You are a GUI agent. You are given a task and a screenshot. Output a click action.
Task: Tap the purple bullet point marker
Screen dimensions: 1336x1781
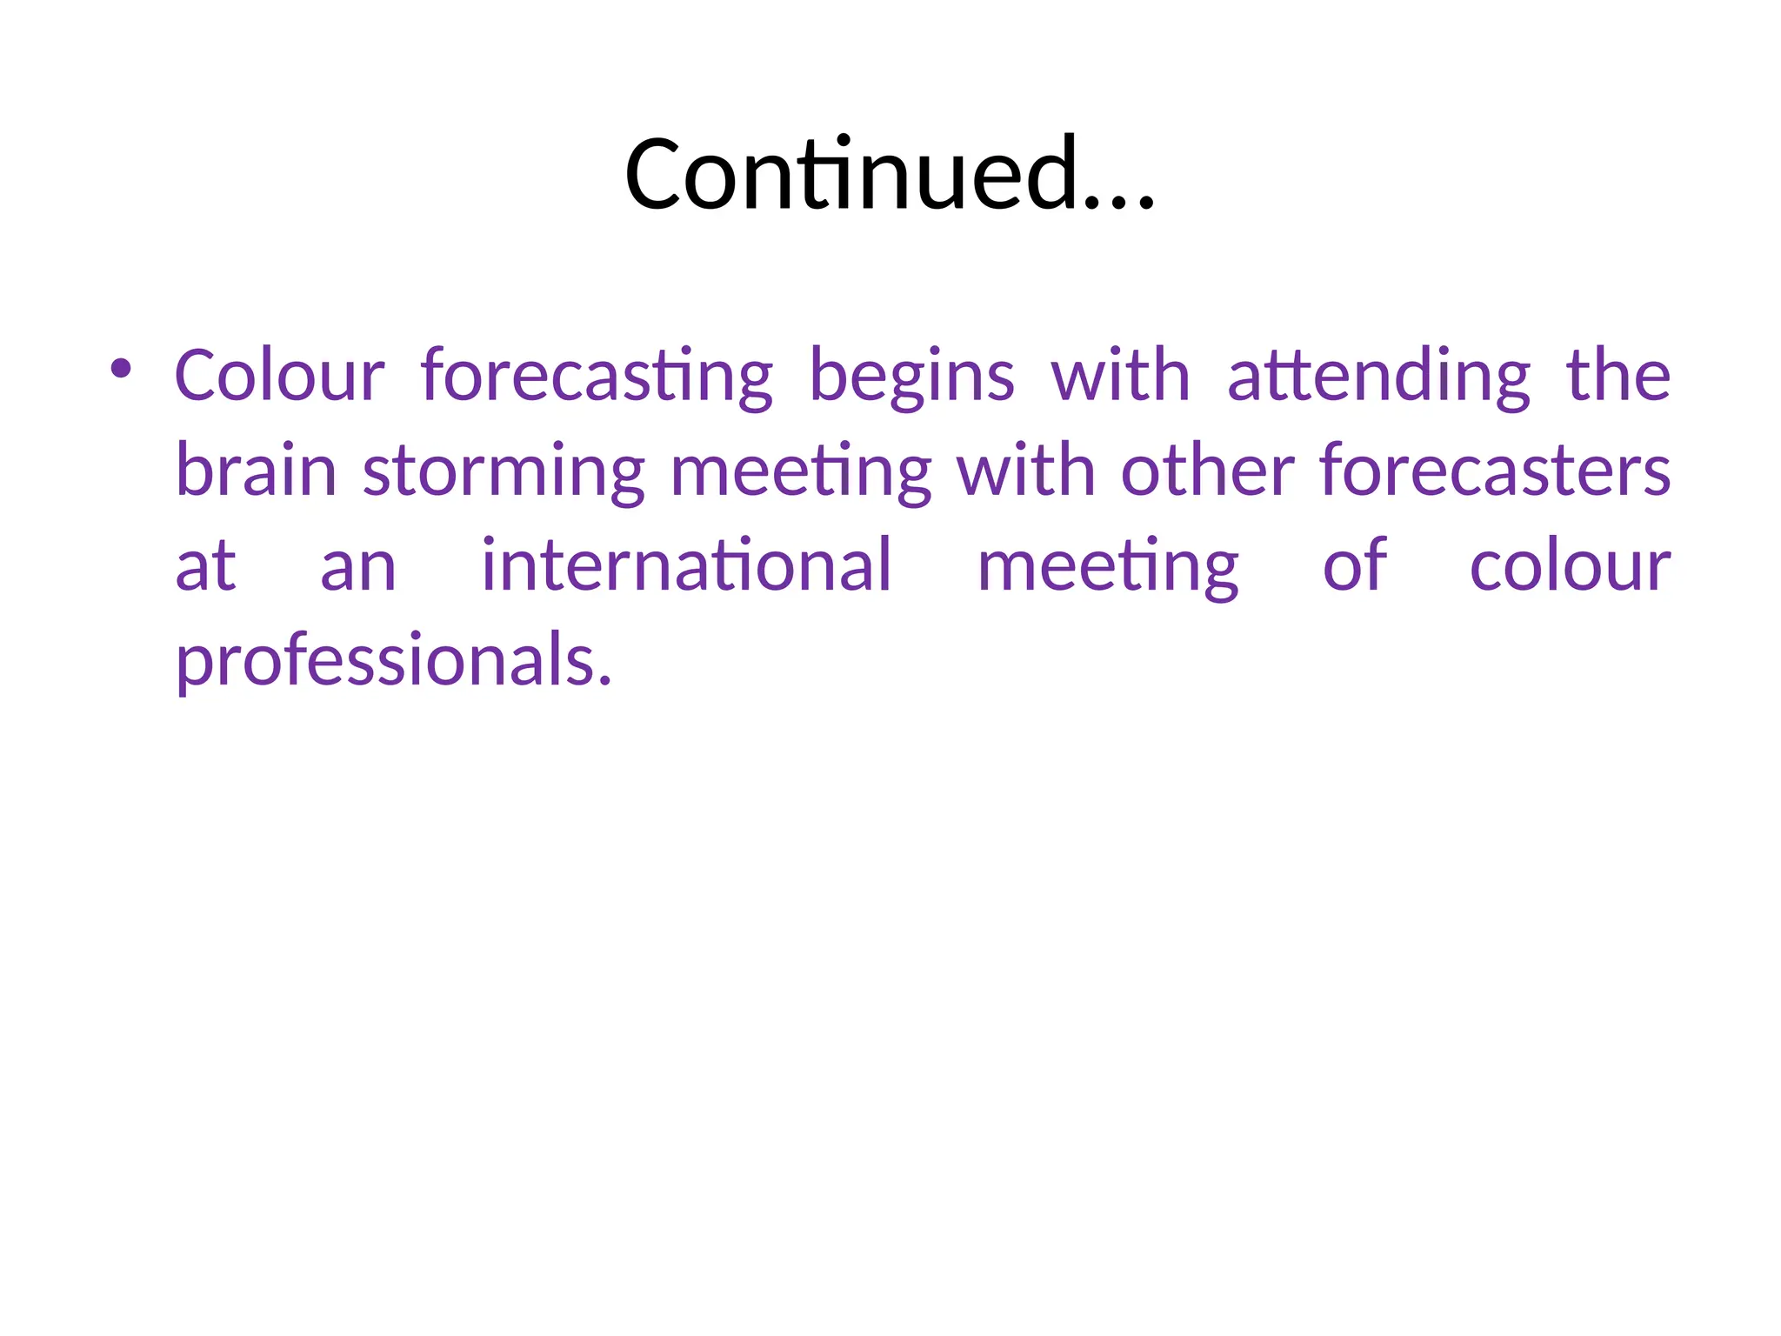pos(121,369)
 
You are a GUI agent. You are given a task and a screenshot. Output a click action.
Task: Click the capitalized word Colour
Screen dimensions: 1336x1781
pos(279,376)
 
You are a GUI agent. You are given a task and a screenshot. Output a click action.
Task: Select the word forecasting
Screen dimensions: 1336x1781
pos(597,377)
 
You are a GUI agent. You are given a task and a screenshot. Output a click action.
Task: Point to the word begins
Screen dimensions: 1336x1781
pos(911,377)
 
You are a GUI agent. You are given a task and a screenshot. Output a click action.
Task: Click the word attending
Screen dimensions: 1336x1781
pos(1378,377)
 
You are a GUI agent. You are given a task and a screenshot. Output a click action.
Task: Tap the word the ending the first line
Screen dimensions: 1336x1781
pos(1618,376)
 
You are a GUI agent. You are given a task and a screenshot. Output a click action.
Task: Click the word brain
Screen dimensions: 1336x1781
pos(256,471)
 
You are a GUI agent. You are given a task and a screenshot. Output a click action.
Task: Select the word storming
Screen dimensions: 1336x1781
pos(504,472)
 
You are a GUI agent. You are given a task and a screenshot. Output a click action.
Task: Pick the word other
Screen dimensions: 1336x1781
pos(1207,471)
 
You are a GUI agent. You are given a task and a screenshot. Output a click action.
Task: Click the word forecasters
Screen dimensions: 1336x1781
pos(1494,471)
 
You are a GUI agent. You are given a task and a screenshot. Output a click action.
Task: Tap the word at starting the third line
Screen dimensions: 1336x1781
pos(205,566)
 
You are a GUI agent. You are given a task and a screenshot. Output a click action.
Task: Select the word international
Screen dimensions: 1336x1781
pos(687,565)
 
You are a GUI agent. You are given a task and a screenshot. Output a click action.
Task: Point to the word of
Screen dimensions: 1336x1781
pos(1354,565)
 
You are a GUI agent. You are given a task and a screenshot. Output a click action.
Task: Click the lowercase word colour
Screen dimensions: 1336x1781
pos(1570,566)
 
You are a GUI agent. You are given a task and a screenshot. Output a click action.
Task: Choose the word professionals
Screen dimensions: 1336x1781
pos(393,662)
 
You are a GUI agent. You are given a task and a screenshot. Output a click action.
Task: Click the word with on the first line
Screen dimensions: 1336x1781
pos(1120,376)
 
